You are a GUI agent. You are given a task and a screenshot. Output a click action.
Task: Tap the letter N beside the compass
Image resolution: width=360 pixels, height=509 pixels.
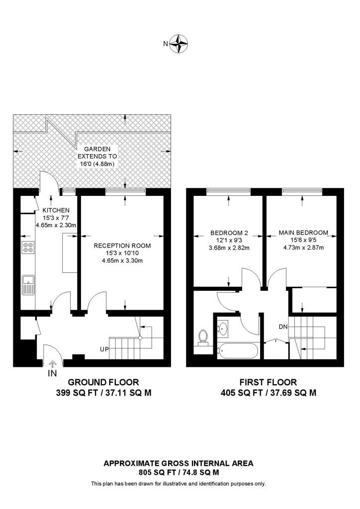[166, 44]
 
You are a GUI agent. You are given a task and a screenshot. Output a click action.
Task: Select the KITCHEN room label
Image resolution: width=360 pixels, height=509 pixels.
[55, 210]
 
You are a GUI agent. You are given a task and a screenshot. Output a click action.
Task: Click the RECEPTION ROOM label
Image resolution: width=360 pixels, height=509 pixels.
[122, 246]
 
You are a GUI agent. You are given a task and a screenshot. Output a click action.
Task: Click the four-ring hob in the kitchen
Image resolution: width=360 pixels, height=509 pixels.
[28, 247]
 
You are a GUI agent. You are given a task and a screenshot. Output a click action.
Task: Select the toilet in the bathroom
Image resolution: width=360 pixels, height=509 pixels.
[202, 337]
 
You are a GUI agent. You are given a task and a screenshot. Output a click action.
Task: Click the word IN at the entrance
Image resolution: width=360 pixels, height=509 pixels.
[52, 373]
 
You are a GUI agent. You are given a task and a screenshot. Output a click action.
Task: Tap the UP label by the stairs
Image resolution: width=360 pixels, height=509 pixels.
[104, 349]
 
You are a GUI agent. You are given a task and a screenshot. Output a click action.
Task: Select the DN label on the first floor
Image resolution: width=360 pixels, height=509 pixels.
[283, 327]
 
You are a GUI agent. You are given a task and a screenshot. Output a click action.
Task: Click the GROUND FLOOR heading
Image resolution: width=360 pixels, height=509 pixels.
[103, 382]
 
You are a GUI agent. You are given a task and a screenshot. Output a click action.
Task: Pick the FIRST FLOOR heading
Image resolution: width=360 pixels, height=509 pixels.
[268, 382]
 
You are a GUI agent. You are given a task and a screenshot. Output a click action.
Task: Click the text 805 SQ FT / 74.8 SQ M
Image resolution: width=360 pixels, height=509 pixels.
[178, 472]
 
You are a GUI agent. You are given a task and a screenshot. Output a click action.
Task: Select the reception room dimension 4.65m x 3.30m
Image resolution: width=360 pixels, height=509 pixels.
[122, 260]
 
